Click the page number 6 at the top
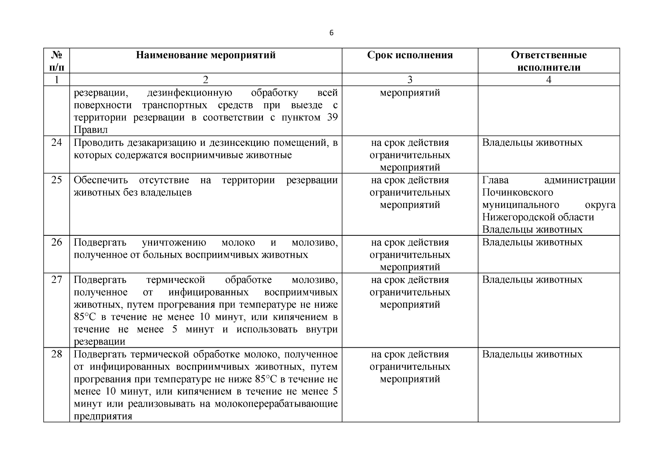[331, 33]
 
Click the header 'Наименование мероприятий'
[206, 55]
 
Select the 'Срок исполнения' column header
[410, 55]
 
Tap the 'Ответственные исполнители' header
[549, 61]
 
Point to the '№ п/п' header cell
[56, 61]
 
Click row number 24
[56, 143]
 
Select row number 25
[56, 180]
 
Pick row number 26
[56, 242]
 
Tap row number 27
[56, 280]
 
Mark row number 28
[56, 354]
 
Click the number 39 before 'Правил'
[332, 117]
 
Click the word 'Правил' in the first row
[91, 130]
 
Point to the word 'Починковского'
[517, 192]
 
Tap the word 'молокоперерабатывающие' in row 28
[276, 404]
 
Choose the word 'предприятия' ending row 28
[103, 416]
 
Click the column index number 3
[410, 80]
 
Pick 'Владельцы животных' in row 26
[532, 242]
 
